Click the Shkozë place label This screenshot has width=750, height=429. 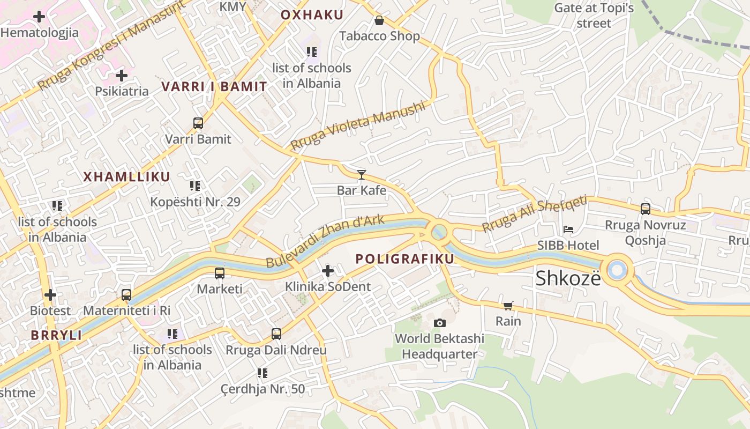point(568,278)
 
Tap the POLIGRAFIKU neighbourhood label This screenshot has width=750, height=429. point(405,259)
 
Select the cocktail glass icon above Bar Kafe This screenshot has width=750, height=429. point(362,174)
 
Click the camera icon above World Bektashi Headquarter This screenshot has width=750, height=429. point(440,323)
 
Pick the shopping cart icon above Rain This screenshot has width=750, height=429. point(508,306)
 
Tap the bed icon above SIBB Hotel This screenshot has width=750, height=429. point(568,230)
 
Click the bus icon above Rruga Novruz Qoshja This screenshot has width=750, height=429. point(646,209)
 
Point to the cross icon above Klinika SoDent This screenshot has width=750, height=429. point(328,271)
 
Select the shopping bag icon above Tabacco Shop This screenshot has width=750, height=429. point(379,20)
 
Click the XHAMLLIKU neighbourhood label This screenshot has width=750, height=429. point(126,177)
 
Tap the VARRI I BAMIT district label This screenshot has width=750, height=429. point(214,87)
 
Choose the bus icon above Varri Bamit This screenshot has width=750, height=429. point(198,123)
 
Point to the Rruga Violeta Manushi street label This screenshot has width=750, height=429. point(358,125)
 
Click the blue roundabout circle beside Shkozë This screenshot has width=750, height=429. point(617,269)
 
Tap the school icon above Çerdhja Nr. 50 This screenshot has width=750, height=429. point(262,373)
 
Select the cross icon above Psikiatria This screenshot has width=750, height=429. point(122,75)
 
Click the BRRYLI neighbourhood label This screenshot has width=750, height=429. point(56,336)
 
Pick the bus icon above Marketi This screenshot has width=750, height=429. point(220,273)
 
